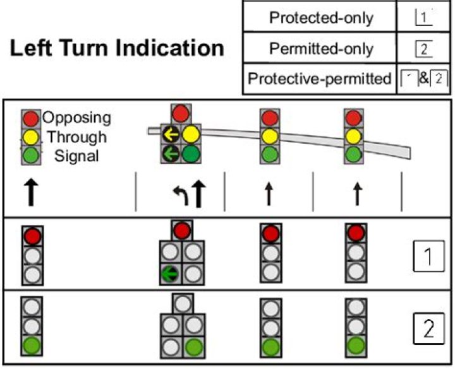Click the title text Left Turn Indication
pos(117,49)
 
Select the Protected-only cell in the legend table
pos(320,18)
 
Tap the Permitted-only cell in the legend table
pos(320,49)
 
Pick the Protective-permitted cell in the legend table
pos(320,79)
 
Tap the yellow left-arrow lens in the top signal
pos(171,134)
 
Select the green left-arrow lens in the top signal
pos(171,154)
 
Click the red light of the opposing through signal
pos(32,118)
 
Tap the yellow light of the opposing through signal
pos(32,136)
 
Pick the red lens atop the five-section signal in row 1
pos(181,230)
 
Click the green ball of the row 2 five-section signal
pos(193,346)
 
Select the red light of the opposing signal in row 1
pos(32,237)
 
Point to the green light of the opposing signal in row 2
pos(32,346)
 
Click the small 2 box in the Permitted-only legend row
pos(423,49)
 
